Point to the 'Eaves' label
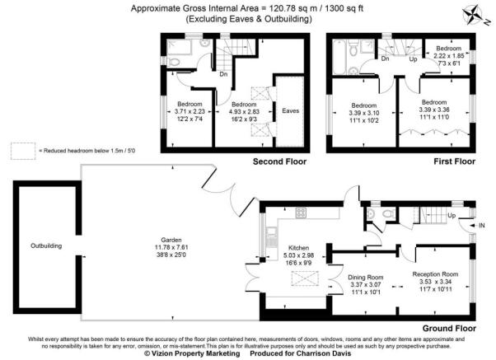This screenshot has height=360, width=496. point(290,109)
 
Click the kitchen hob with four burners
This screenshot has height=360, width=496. point(301,213)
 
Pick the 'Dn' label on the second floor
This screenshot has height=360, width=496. point(223,74)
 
